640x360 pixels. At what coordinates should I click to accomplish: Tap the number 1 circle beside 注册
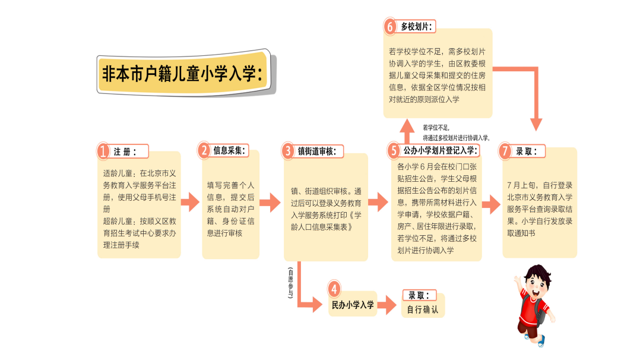[104, 151]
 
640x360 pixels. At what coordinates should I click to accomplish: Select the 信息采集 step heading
[229, 151]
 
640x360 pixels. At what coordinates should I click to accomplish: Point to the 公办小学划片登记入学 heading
[438, 151]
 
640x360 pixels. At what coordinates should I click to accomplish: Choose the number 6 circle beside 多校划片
[389, 27]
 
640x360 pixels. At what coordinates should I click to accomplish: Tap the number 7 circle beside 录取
[505, 151]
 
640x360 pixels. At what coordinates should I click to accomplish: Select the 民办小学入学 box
[353, 305]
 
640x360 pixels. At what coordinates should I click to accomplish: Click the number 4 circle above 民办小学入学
[334, 289]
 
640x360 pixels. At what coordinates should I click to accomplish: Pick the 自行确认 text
[422, 310]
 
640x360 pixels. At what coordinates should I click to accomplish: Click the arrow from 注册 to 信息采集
[190, 203]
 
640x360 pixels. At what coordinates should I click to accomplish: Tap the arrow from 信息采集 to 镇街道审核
[269, 203]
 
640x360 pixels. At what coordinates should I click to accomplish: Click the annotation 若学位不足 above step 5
[436, 127]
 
